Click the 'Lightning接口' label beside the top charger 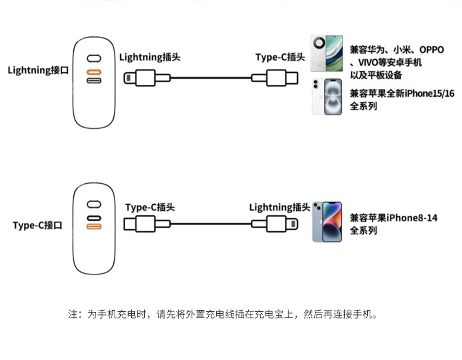click(38, 70)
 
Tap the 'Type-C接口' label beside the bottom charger click(38, 226)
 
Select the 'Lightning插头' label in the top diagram click(150, 57)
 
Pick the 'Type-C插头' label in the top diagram click(280, 57)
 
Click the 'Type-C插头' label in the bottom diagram click(150, 207)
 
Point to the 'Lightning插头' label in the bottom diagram click(279, 207)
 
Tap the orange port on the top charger click(94, 70)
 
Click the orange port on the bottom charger click(94, 227)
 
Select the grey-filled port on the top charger click(94, 81)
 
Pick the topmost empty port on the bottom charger click(94, 204)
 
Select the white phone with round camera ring click(327, 54)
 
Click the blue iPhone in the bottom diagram click(326, 221)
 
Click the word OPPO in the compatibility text click(432, 50)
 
